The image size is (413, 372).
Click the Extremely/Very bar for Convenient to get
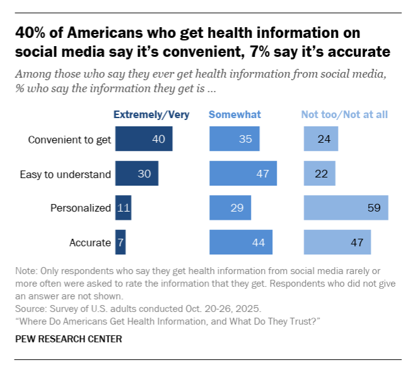coord(143,139)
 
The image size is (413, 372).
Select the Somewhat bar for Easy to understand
coord(243,173)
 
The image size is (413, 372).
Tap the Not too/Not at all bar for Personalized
coord(346,207)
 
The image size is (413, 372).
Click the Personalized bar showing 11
coord(123,207)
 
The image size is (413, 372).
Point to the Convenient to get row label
coord(69,140)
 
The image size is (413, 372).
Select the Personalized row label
coord(80,208)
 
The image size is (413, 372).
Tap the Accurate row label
coord(90,242)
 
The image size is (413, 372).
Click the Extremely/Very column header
coord(151,114)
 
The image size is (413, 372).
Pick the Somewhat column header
coord(235,114)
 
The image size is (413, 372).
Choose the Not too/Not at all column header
coord(344,114)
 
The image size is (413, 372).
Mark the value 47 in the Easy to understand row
coord(262,174)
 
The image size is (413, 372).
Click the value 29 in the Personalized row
coord(236,208)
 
